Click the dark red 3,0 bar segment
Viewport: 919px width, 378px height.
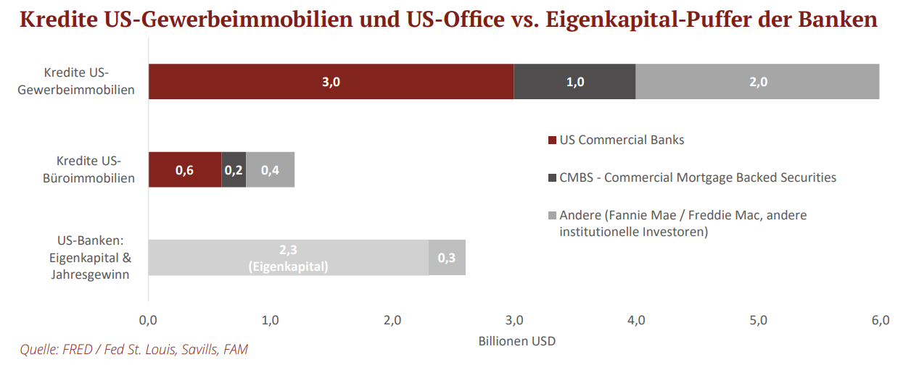tap(331, 81)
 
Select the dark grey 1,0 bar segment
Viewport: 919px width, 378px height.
tap(574, 81)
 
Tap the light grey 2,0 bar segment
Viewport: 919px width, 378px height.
tap(757, 81)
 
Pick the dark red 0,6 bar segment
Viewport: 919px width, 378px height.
tap(184, 170)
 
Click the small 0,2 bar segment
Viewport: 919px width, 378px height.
tap(234, 170)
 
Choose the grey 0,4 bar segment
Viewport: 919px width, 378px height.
tap(270, 170)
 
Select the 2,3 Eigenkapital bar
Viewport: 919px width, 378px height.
tap(288, 258)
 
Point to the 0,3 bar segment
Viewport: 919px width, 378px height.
tap(447, 258)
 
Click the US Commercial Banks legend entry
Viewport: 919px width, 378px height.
tap(621, 140)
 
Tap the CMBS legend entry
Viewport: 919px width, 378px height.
tap(697, 177)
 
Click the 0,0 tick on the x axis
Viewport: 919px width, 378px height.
tap(148, 320)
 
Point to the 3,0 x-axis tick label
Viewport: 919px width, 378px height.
tap(514, 320)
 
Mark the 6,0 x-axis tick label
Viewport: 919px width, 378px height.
tap(880, 320)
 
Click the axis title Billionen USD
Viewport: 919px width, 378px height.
tap(517, 340)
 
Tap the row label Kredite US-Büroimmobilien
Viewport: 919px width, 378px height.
tap(88, 169)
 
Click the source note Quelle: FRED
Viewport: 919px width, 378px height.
tap(133, 350)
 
